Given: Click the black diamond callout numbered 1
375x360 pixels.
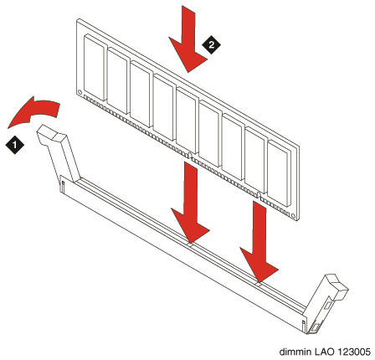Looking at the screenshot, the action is tap(15, 145).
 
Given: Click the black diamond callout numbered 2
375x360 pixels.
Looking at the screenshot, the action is tap(211, 44).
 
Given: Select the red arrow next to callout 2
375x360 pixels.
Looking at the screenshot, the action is tap(187, 39).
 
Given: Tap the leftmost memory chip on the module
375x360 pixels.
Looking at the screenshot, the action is tap(95, 67).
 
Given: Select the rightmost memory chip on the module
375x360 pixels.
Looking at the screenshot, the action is tap(279, 173).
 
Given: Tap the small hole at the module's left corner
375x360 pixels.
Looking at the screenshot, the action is tap(80, 91).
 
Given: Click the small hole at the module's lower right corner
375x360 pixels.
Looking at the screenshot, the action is tap(293, 215).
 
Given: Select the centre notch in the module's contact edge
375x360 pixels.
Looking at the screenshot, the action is tap(190, 156).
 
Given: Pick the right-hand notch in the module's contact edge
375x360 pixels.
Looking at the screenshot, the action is tap(259, 195).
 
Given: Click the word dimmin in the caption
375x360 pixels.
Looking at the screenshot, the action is tap(295, 352).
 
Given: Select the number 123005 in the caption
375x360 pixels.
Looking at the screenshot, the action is tap(354, 352).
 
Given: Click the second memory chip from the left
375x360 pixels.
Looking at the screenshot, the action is tap(118, 80).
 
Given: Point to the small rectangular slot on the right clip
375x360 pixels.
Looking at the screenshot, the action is tap(329, 304).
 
